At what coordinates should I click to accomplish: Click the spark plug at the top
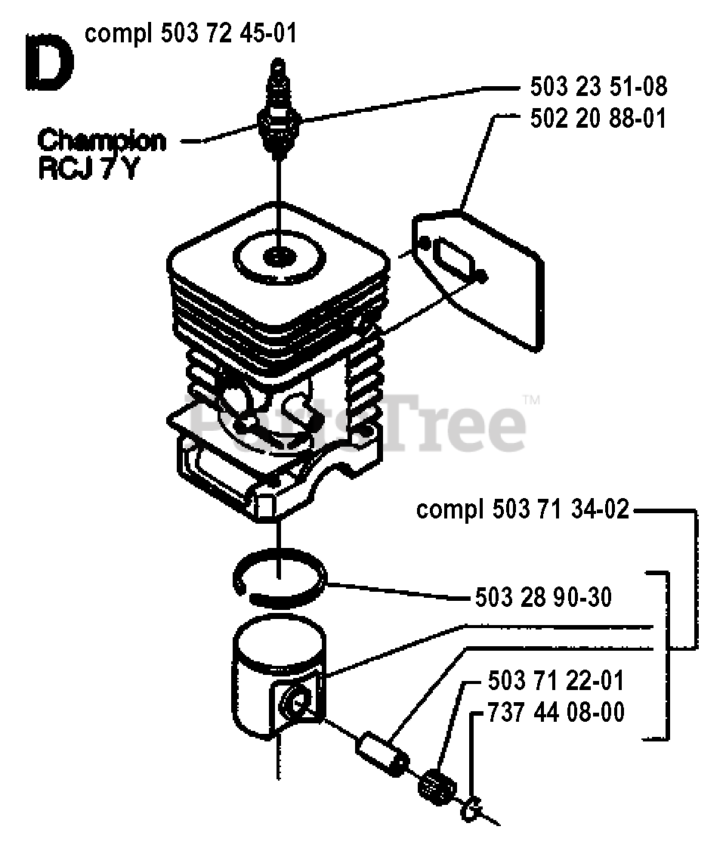279,113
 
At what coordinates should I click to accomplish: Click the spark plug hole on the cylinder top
279,258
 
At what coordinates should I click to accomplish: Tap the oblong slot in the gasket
453,257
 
